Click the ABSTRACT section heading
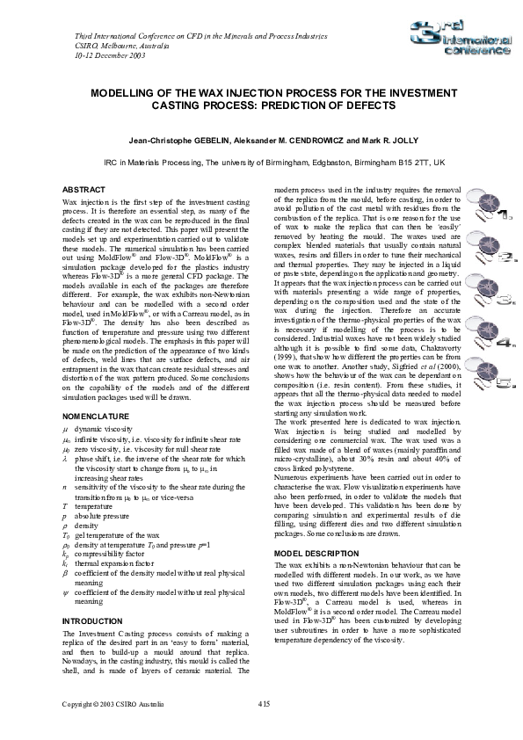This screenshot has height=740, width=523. coord(84,191)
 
